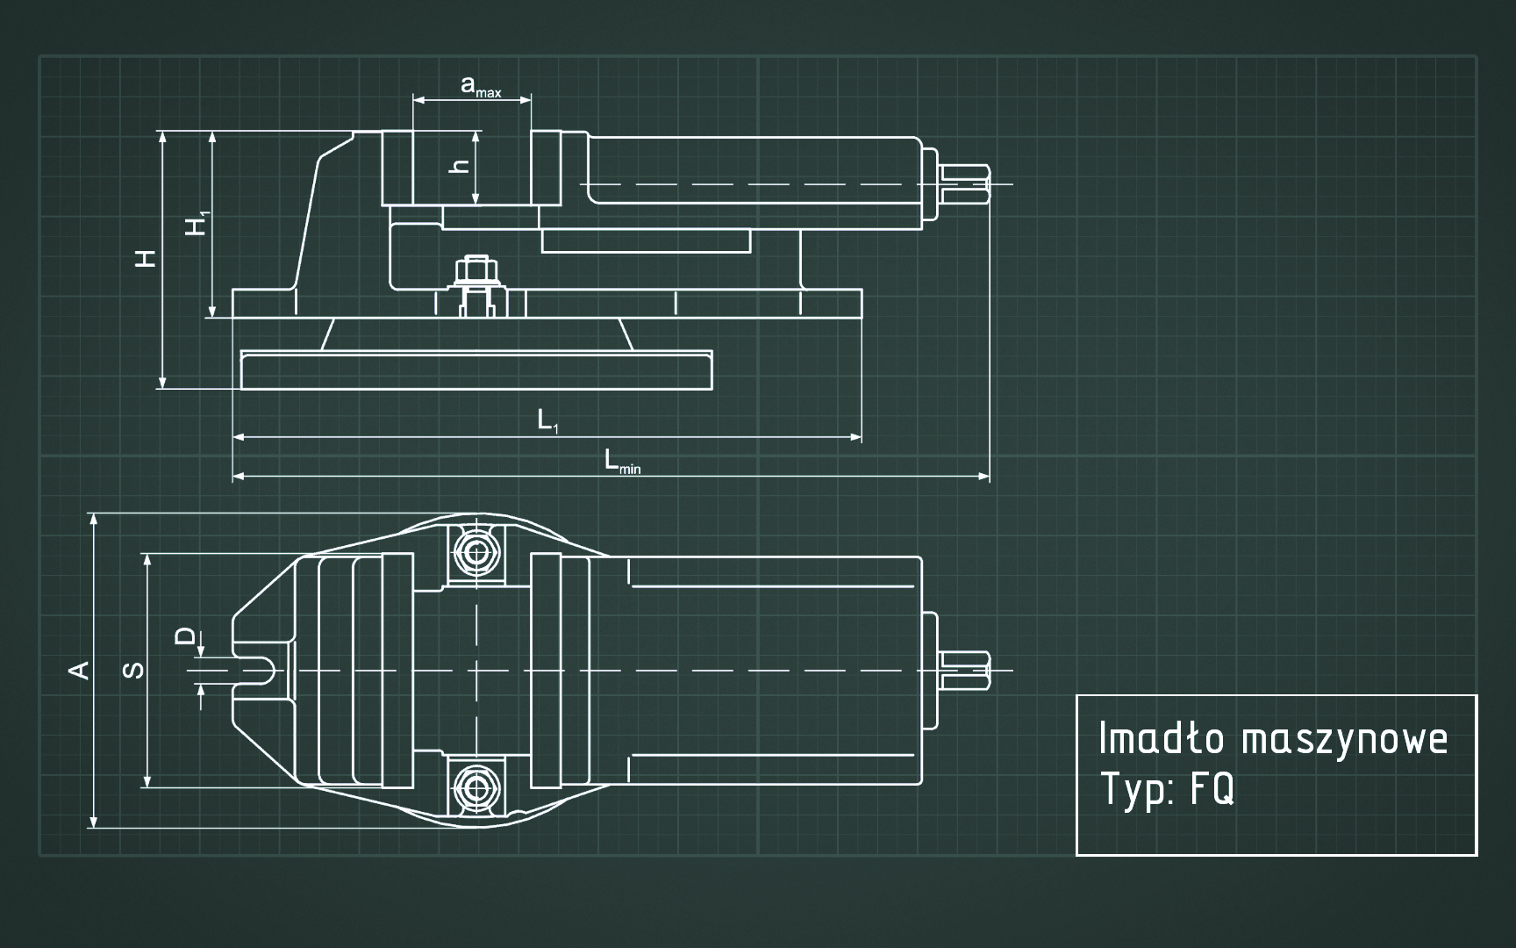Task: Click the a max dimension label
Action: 480,87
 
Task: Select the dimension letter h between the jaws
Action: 460,165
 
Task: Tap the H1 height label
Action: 197,223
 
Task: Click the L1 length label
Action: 547,420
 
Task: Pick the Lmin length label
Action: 621,461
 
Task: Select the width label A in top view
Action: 79,670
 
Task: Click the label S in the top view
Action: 133,670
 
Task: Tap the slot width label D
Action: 184,636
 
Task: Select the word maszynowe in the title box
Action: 1344,739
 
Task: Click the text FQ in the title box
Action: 1212,789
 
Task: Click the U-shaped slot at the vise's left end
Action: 260,671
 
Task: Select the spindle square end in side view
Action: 966,184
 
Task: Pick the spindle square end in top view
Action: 966,671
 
